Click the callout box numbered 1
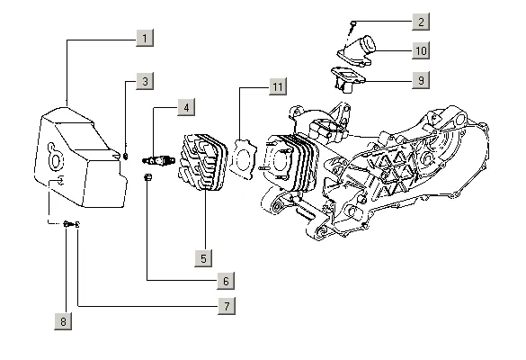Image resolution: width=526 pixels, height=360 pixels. click(145, 38)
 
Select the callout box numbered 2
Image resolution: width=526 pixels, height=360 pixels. click(421, 22)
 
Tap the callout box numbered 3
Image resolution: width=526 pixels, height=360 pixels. click(145, 81)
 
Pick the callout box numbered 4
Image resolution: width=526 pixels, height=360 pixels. click(186, 107)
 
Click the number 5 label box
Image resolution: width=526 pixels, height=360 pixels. click(203, 258)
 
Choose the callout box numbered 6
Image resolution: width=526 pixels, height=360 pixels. click(226, 281)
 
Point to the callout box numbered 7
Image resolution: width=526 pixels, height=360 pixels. click(227, 306)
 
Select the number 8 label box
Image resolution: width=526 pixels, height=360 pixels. click(63, 321)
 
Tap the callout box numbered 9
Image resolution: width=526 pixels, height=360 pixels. click(421, 80)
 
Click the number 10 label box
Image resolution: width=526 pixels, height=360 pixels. click(421, 50)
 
